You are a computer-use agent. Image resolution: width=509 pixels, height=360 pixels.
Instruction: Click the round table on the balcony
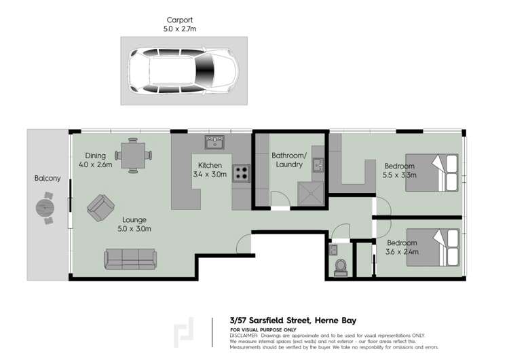coord(46,207)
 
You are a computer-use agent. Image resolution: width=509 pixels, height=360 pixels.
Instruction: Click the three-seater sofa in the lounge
coord(131,259)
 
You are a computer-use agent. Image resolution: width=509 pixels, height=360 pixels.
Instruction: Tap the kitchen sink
coord(215,143)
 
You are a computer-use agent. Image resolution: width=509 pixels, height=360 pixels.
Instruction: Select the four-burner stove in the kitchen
coord(241,173)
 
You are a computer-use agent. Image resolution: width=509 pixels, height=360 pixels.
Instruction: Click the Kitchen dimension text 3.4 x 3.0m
coord(210,175)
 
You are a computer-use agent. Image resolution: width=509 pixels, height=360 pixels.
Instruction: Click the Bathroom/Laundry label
coord(289,160)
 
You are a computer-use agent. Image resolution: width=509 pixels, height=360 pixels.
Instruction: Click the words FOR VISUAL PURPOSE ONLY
coord(260,330)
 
